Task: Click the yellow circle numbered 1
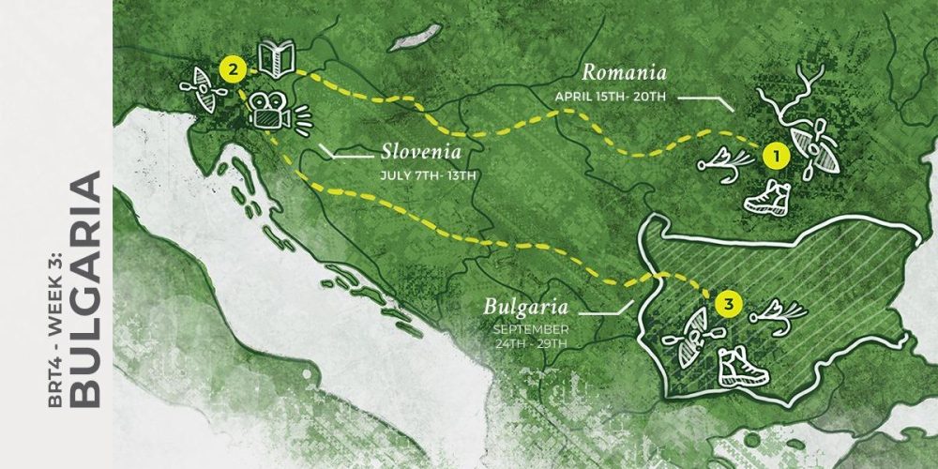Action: pyautogui.click(x=771, y=154)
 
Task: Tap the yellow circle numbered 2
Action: pyautogui.click(x=232, y=68)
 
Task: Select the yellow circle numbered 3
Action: pyautogui.click(x=727, y=303)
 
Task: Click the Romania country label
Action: pyautogui.click(x=624, y=72)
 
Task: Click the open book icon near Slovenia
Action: pyautogui.click(x=278, y=58)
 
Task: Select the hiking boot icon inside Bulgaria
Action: pyautogui.click(x=743, y=366)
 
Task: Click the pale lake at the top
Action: pyautogui.click(x=416, y=38)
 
